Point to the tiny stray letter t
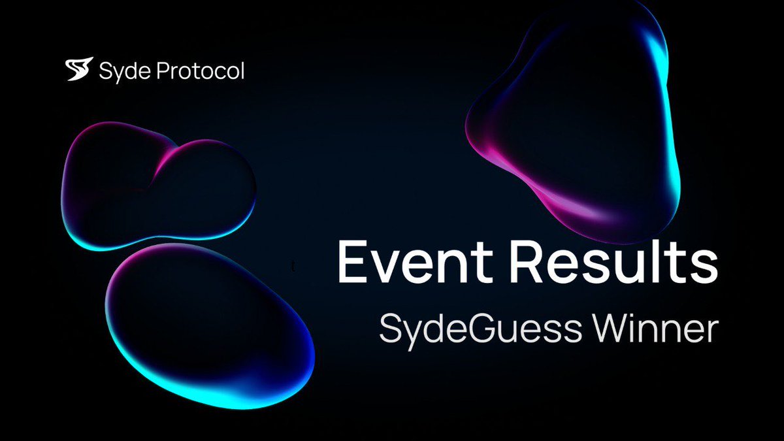(295, 267)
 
